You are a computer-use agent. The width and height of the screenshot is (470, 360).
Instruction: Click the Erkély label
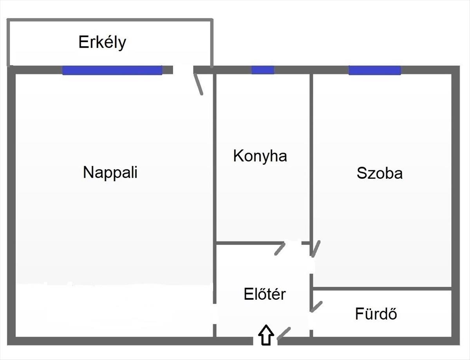pos(102,42)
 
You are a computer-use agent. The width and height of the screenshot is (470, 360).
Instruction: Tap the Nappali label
pos(110,172)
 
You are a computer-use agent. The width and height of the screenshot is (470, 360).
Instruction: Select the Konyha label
pos(260,156)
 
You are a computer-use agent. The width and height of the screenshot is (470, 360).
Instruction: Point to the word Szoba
pos(379,173)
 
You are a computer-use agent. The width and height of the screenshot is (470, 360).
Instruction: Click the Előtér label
pos(265,294)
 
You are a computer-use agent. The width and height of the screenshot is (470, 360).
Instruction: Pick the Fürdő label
pos(376,313)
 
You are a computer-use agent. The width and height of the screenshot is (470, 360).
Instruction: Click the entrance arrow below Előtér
pos(266,335)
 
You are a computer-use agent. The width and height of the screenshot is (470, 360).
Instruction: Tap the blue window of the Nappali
pos(112,70)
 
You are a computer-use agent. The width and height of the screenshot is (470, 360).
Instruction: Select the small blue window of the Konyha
pos(262,70)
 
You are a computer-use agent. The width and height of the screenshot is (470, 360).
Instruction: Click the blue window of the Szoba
pos(374,70)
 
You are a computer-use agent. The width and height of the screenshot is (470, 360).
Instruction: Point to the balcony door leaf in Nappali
pos(199,84)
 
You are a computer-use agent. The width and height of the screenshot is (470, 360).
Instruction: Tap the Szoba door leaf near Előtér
pos(316,248)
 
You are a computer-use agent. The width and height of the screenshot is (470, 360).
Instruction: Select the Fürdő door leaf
pos(316,306)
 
